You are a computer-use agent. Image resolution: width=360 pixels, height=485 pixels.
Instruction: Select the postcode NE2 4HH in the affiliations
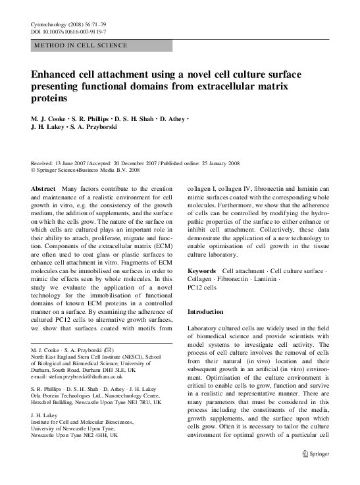105,435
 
